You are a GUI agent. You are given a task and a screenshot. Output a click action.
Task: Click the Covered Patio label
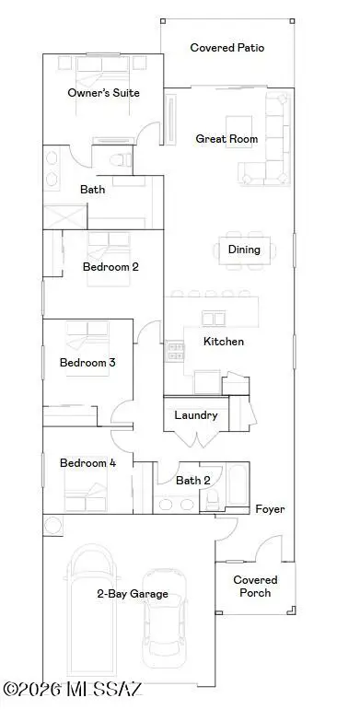point(227,47)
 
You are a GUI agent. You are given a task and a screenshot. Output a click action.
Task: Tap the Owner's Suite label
point(103,92)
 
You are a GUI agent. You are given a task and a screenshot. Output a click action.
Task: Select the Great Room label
point(226,138)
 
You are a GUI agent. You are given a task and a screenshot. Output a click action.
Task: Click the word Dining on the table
point(244,250)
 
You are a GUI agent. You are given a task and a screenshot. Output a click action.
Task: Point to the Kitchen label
point(224,342)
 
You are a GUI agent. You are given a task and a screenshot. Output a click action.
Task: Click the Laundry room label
point(196,415)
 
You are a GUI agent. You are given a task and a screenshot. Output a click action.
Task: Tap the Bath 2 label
point(193,481)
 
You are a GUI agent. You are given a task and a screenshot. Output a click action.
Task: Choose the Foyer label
point(270,509)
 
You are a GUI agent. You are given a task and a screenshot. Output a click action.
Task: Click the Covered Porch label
point(255,587)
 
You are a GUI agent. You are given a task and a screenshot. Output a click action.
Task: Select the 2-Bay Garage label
point(133,594)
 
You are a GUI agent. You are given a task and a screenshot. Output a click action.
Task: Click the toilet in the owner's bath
point(121,160)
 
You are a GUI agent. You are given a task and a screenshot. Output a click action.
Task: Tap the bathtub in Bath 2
point(238,485)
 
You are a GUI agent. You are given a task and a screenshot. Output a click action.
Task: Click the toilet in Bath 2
point(212,499)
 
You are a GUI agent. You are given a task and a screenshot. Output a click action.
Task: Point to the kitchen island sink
point(214,319)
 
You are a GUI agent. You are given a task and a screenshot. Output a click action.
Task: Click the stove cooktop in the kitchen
point(175,351)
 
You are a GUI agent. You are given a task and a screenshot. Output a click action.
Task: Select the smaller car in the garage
point(164,618)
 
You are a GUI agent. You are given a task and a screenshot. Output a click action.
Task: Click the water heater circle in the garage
point(52,525)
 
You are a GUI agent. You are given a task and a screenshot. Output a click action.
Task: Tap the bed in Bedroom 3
point(87,348)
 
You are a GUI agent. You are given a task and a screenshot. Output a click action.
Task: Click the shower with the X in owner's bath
point(64,216)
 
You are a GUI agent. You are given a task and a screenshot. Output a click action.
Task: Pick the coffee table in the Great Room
point(238,132)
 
